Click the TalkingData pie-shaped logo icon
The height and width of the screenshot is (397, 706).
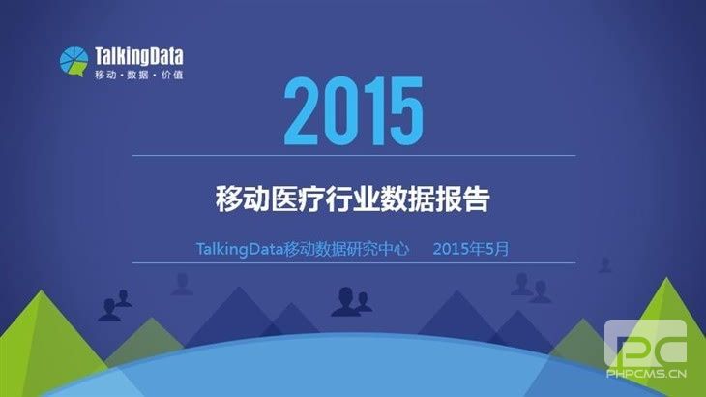pos(74,61)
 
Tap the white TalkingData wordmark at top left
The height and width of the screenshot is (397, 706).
pos(139,57)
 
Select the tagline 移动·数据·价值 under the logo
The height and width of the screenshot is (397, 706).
pos(139,75)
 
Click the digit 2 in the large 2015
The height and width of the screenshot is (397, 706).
pos(301,110)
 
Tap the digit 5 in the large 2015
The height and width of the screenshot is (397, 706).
pos(406,110)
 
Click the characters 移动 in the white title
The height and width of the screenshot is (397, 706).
pos(243,199)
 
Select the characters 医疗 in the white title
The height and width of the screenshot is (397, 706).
pos(298,199)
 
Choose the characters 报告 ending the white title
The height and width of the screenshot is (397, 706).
pos(462,199)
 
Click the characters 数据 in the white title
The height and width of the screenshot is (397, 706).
pos(407,199)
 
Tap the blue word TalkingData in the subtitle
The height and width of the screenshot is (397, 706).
pos(240,249)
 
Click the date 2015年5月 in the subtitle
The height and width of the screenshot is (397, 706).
pos(471,249)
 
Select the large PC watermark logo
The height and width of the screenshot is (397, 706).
pos(646,344)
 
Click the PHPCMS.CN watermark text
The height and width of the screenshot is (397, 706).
pos(646,374)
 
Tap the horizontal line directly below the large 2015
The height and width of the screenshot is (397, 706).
pos(353,156)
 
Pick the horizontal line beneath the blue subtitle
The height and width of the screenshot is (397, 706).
pos(353,262)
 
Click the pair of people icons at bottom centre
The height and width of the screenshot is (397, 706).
pos(351,301)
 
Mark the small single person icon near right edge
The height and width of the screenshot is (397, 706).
pos(604,265)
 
